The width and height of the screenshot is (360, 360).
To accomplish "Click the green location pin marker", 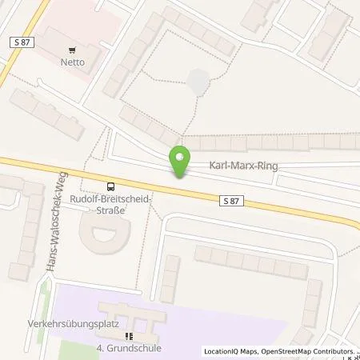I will [x=180, y=162].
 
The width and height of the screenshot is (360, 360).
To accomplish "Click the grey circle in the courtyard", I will [x=198, y=80].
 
